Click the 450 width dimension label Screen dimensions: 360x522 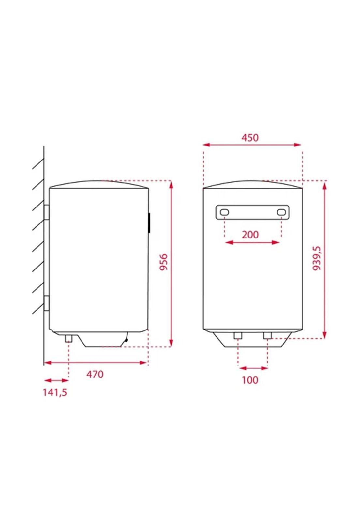(x=250, y=138)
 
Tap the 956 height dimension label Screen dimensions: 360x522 (x=163, y=262)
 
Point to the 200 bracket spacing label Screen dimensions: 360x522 (x=250, y=235)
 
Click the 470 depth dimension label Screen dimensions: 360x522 (x=95, y=374)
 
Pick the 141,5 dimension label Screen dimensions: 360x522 (x=55, y=392)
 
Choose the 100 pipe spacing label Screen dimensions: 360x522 (x=250, y=380)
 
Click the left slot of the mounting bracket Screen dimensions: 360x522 (x=224, y=212)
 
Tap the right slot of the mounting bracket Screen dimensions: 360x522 (x=281, y=212)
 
